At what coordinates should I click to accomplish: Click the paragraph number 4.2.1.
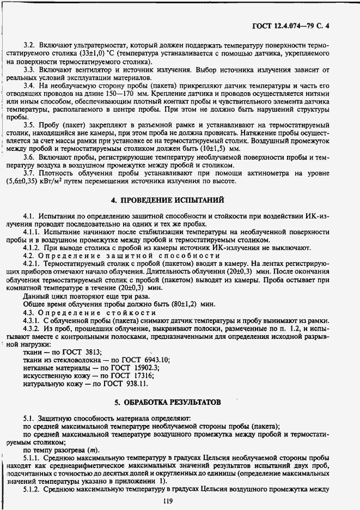(32, 263)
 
